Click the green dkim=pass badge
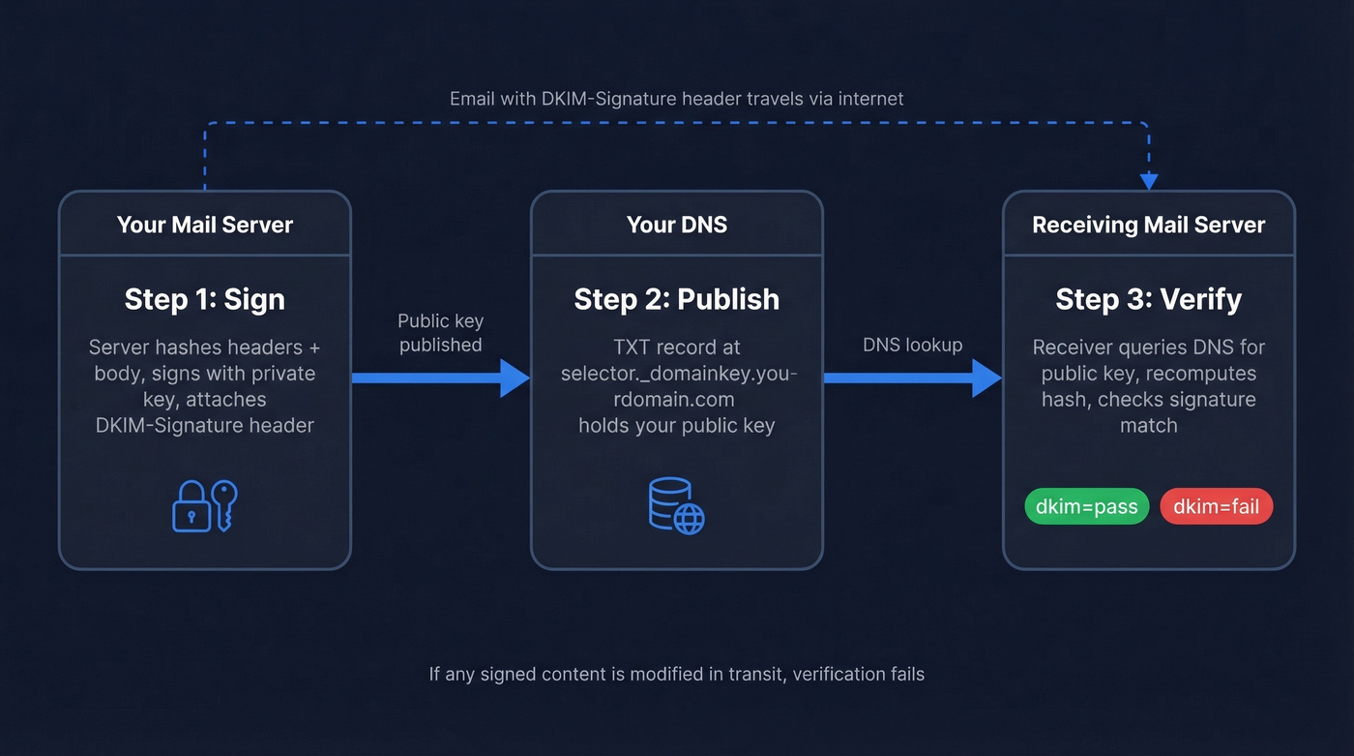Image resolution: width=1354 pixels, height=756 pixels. (x=1086, y=506)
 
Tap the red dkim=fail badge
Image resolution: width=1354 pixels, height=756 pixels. (x=1216, y=506)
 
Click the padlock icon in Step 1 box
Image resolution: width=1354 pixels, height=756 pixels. (x=191, y=510)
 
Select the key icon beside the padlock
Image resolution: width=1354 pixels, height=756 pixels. (x=224, y=504)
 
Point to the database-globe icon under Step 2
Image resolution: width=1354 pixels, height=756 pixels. (x=676, y=505)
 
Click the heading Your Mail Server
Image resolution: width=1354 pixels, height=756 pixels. (x=205, y=225)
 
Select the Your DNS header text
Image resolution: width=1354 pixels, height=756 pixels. (x=676, y=225)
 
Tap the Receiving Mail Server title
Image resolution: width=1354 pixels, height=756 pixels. (x=1148, y=225)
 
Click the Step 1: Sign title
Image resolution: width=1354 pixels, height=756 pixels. (x=205, y=299)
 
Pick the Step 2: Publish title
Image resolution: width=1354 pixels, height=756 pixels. (x=676, y=299)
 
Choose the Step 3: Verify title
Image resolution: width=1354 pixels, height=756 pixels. (x=1148, y=299)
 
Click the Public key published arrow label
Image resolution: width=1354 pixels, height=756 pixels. (x=441, y=333)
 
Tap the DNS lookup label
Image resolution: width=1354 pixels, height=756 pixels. (x=912, y=345)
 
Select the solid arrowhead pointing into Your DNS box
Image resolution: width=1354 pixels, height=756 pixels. (x=515, y=378)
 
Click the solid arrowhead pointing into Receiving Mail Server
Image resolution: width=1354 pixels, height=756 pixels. (x=986, y=378)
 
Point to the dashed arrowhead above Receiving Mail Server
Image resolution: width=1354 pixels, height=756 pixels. (x=1148, y=181)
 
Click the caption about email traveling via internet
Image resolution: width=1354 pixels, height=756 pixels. (x=676, y=99)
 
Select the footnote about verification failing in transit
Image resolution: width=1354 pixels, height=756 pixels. (x=676, y=674)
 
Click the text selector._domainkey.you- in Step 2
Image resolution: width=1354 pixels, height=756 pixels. (x=676, y=374)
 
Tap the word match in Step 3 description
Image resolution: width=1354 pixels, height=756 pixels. (x=1148, y=425)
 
